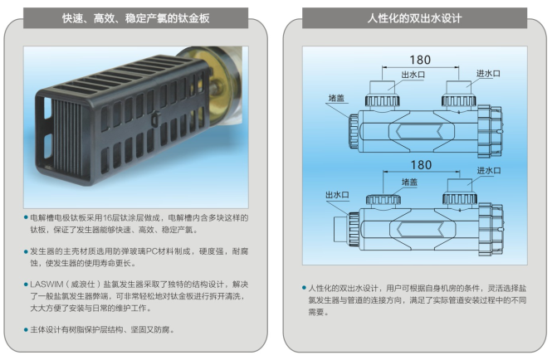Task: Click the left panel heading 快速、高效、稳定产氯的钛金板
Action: (x=135, y=18)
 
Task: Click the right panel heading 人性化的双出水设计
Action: (x=414, y=18)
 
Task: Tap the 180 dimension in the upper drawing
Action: (x=420, y=60)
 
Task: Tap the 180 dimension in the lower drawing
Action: (x=421, y=165)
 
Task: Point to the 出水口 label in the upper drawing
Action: (x=413, y=75)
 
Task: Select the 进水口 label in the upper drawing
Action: (x=488, y=74)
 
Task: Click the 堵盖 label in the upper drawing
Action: (x=336, y=98)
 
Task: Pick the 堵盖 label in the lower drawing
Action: (x=409, y=182)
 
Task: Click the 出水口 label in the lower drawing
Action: (x=337, y=195)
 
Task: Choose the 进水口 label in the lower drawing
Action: (x=489, y=171)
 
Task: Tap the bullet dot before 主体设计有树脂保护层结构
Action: (x=26, y=330)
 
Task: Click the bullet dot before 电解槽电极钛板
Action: (x=26, y=218)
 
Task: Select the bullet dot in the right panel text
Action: (x=304, y=288)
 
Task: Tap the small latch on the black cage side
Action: (x=155, y=119)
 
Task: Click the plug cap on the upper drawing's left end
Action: (x=354, y=131)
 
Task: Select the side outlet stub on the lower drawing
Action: (x=341, y=229)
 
